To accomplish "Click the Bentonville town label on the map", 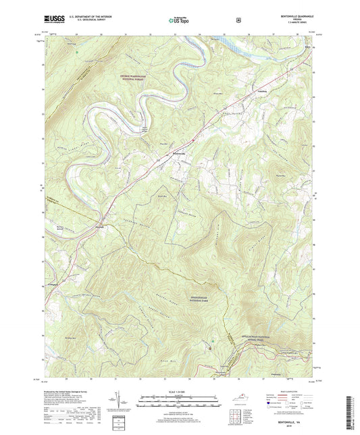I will click(184, 154).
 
